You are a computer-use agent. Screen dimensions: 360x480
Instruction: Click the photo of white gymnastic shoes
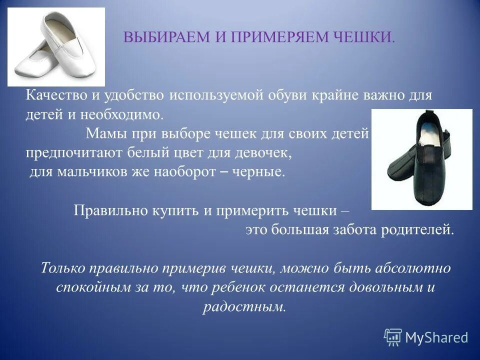coord(56,47)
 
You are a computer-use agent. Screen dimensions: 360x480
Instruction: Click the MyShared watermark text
coord(436,337)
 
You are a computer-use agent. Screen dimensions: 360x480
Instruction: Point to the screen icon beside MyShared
coord(393,337)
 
